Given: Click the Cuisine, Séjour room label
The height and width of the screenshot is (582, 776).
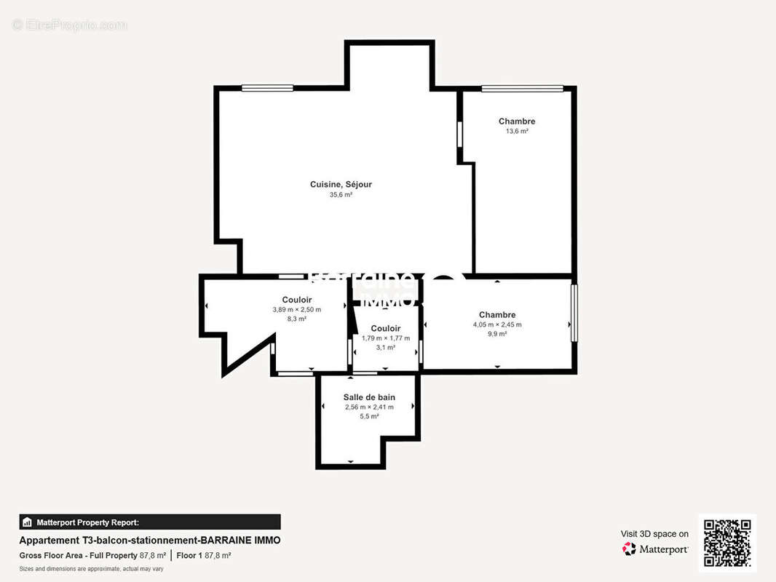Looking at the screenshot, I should point(341,185).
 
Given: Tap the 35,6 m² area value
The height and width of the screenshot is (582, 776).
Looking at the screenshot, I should point(341,195).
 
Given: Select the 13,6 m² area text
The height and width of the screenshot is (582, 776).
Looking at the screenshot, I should point(517,132).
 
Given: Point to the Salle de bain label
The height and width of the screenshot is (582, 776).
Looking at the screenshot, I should point(369,397).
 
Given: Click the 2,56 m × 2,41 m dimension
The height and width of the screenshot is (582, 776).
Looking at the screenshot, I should point(369,407).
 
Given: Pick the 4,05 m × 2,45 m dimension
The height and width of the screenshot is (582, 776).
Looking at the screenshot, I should point(497,325).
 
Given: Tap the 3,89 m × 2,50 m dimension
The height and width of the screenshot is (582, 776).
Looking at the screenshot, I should point(296,310).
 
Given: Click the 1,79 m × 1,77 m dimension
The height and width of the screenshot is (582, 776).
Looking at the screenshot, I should point(386,338).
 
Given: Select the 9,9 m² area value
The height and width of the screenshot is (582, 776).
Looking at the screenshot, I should point(497,335).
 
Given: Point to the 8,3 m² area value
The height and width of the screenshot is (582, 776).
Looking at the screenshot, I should point(296,319).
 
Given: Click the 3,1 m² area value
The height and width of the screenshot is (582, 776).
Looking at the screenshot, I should point(386,348).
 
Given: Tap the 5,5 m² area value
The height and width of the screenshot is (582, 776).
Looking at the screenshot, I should point(369,417).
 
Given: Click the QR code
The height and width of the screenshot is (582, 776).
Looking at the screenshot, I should point(727,543).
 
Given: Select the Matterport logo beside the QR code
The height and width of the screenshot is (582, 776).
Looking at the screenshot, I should point(655,549).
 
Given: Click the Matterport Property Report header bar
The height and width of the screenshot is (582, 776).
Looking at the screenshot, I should point(150,522).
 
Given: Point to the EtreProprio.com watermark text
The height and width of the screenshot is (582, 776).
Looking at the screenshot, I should point(70,25).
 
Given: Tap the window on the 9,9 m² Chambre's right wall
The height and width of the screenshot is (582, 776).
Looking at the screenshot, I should point(574,313).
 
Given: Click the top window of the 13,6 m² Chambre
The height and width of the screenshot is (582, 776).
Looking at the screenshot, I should point(522,89).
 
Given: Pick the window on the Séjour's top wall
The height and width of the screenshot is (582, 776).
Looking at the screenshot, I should point(267,88).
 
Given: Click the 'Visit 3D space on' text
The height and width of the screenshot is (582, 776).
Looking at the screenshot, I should point(654,534).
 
